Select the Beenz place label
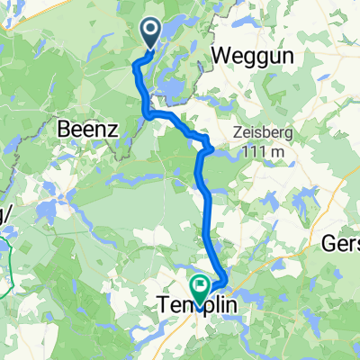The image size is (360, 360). click(x=88, y=129)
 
